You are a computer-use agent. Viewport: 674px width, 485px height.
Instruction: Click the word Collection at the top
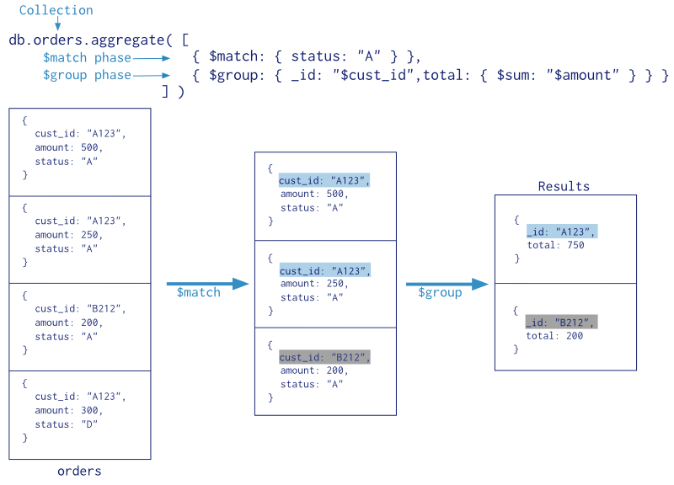[56, 10]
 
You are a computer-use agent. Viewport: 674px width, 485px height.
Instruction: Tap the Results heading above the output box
[564, 186]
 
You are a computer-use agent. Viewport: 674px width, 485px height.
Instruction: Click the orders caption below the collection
[79, 472]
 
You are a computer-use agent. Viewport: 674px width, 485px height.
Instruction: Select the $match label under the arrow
[199, 292]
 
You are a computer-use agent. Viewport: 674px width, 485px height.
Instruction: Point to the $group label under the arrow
[440, 293]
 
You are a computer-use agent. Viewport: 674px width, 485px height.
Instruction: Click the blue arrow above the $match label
[207, 284]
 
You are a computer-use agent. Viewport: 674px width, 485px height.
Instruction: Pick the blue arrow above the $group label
[447, 284]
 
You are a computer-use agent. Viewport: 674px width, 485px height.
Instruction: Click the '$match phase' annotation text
[87, 57]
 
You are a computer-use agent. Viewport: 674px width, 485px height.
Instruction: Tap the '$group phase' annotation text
[87, 75]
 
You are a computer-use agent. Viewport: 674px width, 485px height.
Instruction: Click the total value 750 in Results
[575, 245]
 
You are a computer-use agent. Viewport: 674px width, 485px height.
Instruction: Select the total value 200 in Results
[575, 335]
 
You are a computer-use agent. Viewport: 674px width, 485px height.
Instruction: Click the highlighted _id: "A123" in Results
[562, 231]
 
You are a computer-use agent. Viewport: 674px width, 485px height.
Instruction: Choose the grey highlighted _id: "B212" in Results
[561, 322]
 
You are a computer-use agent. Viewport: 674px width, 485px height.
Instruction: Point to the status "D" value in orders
[89, 424]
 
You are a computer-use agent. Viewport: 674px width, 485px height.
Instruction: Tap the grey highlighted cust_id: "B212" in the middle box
[324, 357]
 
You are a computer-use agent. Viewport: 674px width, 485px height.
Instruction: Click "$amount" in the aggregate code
[582, 75]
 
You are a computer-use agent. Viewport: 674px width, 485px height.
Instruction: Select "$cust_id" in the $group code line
[376, 75]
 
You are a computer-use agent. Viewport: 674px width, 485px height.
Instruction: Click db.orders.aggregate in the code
[87, 40]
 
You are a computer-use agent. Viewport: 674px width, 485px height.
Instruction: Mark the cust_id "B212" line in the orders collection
[80, 308]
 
